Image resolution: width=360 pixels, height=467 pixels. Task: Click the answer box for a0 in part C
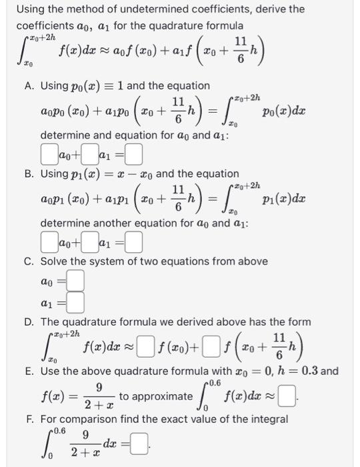pos(75,283)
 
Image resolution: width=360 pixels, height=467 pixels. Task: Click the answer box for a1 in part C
pos(75,304)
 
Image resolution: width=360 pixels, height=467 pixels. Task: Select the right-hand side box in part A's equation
pos(134,157)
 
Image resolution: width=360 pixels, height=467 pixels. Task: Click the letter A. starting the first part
pos(29,86)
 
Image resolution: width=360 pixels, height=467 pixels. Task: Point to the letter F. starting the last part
pos(29,420)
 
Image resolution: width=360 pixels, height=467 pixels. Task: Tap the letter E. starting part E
pos(29,371)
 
